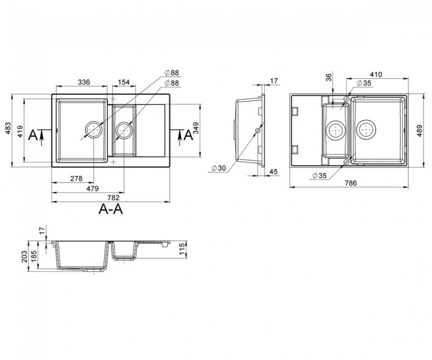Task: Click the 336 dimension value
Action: click(x=84, y=82)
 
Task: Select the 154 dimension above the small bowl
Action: click(x=124, y=82)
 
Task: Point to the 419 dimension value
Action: click(x=20, y=131)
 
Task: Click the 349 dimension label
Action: click(x=196, y=128)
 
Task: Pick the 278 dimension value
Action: click(x=76, y=178)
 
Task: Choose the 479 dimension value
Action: click(x=92, y=189)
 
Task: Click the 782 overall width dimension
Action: click(x=113, y=198)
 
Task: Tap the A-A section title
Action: click(x=111, y=209)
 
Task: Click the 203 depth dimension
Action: click(x=24, y=256)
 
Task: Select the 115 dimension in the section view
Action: click(x=182, y=249)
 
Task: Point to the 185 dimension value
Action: click(x=34, y=256)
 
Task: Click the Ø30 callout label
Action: click(x=219, y=168)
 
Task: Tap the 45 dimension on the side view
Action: click(x=273, y=172)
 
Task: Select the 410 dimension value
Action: click(x=376, y=74)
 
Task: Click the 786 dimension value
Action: click(x=351, y=183)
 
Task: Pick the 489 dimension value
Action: click(x=419, y=131)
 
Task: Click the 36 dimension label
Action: click(x=328, y=78)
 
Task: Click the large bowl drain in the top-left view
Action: click(x=94, y=129)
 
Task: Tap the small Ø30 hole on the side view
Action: click(x=258, y=130)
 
